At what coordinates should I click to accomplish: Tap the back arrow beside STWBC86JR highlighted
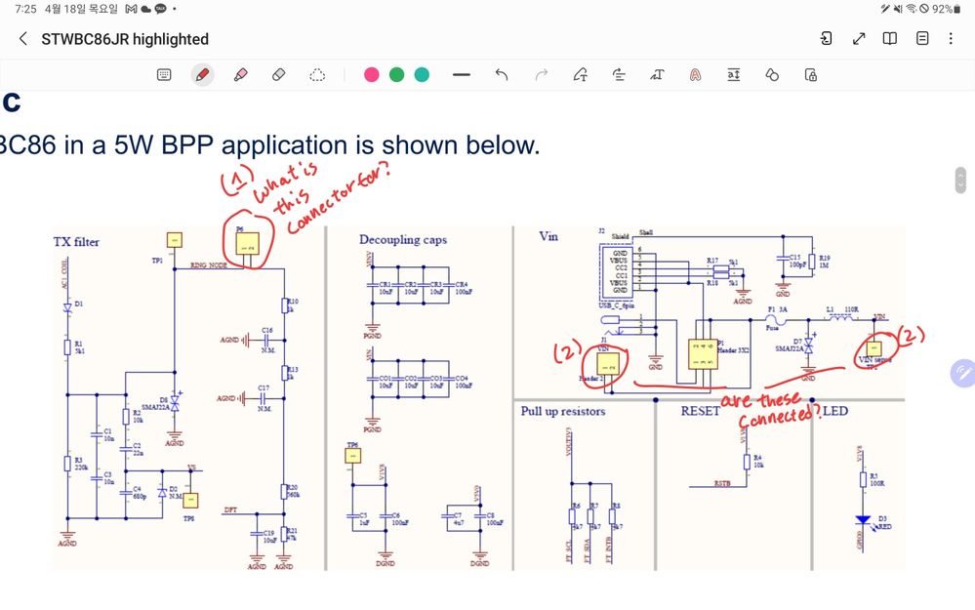[x=23, y=39]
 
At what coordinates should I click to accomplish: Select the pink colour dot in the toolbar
[x=371, y=74]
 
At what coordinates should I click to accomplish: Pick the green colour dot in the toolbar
[x=396, y=74]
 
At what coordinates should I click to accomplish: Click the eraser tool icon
[x=278, y=74]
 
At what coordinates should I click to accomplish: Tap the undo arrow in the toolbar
[x=502, y=74]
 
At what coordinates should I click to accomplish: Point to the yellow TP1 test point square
[x=174, y=239]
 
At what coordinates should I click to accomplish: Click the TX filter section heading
[x=76, y=241]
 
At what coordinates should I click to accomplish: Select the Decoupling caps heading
[x=403, y=239]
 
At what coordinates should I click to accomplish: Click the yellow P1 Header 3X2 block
[x=700, y=352]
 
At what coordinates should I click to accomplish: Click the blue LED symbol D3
[x=863, y=522]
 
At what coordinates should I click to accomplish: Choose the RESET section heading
[x=700, y=411]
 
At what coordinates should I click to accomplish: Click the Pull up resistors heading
[x=563, y=411]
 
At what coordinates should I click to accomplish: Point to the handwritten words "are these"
[x=760, y=401]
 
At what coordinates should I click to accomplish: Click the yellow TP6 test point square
[x=352, y=459]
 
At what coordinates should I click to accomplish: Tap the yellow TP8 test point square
[x=191, y=500]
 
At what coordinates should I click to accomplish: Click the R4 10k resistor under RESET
[x=746, y=461]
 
